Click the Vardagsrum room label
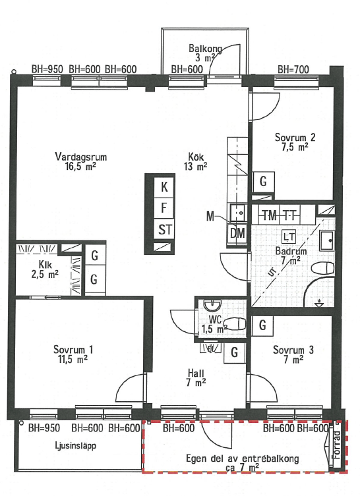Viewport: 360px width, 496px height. pyautogui.click(x=80, y=157)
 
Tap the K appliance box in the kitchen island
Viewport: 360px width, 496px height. pyautogui.click(x=164, y=187)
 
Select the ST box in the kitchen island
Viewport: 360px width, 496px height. pyautogui.click(x=164, y=229)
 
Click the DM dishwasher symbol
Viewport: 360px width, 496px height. pyautogui.click(x=237, y=233)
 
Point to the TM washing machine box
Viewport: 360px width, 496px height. pyautogui.click(x=269, y=216)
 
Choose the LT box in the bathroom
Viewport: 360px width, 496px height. pyautogui.click(x=289, y=236)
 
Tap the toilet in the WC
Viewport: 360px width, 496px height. pyautogui.click(x=235, y=323)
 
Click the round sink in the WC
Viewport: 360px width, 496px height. pyautogui.click(x=212, y=305)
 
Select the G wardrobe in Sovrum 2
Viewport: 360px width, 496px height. pyautogui.click(x=263, y=181)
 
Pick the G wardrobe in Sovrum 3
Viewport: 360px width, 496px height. pyautogui.click(x=262, y=325)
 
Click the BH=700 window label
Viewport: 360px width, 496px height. pyautogui.click(x=293, y=69)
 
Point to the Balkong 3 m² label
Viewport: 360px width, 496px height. pyautogui.click(x=204, y=53)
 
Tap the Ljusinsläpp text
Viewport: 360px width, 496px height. pyautogui.click(x=75, y=446)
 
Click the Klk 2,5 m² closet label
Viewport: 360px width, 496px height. pyautogui.click(x=45, y=269)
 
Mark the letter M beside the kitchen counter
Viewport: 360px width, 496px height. pyautogui.click(x=210, y=216)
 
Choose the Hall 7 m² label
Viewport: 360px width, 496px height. pyautogui.click(x=196, y=377)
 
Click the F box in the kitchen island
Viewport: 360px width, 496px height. pyautogui.click(x=164, y=208)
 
